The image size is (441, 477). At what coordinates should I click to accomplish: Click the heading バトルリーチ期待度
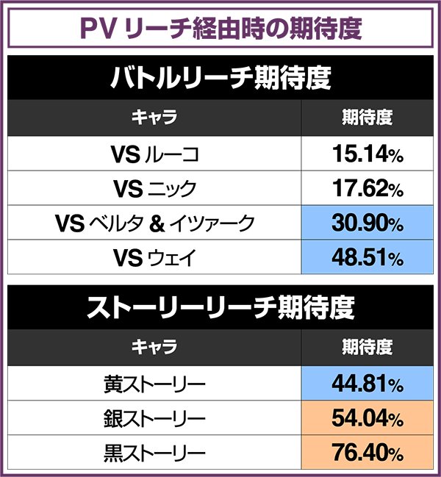coord(220,78)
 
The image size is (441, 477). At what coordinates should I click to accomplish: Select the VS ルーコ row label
coord(155,155)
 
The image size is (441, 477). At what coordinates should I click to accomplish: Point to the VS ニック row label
coord(155,189)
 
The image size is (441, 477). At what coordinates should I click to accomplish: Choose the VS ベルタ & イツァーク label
coord(155,223)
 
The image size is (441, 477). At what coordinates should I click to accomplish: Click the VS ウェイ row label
coord(155,258)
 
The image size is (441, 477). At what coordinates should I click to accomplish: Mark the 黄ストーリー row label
coord(155,384)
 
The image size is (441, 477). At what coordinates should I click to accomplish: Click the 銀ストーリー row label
coord(155,419)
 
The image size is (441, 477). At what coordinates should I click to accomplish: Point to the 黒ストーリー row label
coord(155,453)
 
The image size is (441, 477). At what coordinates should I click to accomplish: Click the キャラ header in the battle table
coord(155,118)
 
